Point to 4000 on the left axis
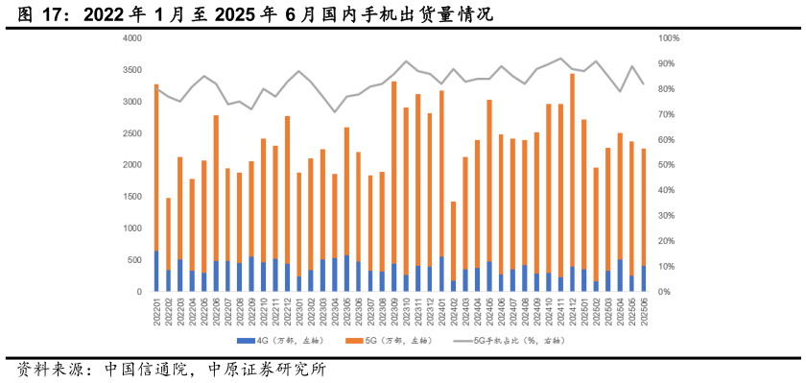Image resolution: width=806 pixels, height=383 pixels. (132, 38)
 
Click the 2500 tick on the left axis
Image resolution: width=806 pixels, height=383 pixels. (132, 133)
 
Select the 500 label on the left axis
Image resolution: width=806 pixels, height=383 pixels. (135, 260)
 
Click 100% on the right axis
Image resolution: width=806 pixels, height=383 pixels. (669, 38)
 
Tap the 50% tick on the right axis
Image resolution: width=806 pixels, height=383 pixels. (669, 165)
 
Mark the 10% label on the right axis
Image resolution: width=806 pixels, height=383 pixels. (669, 267)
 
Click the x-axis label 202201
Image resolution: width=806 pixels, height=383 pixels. (156, 310)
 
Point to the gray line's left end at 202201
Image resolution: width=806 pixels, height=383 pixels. (156, 88)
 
